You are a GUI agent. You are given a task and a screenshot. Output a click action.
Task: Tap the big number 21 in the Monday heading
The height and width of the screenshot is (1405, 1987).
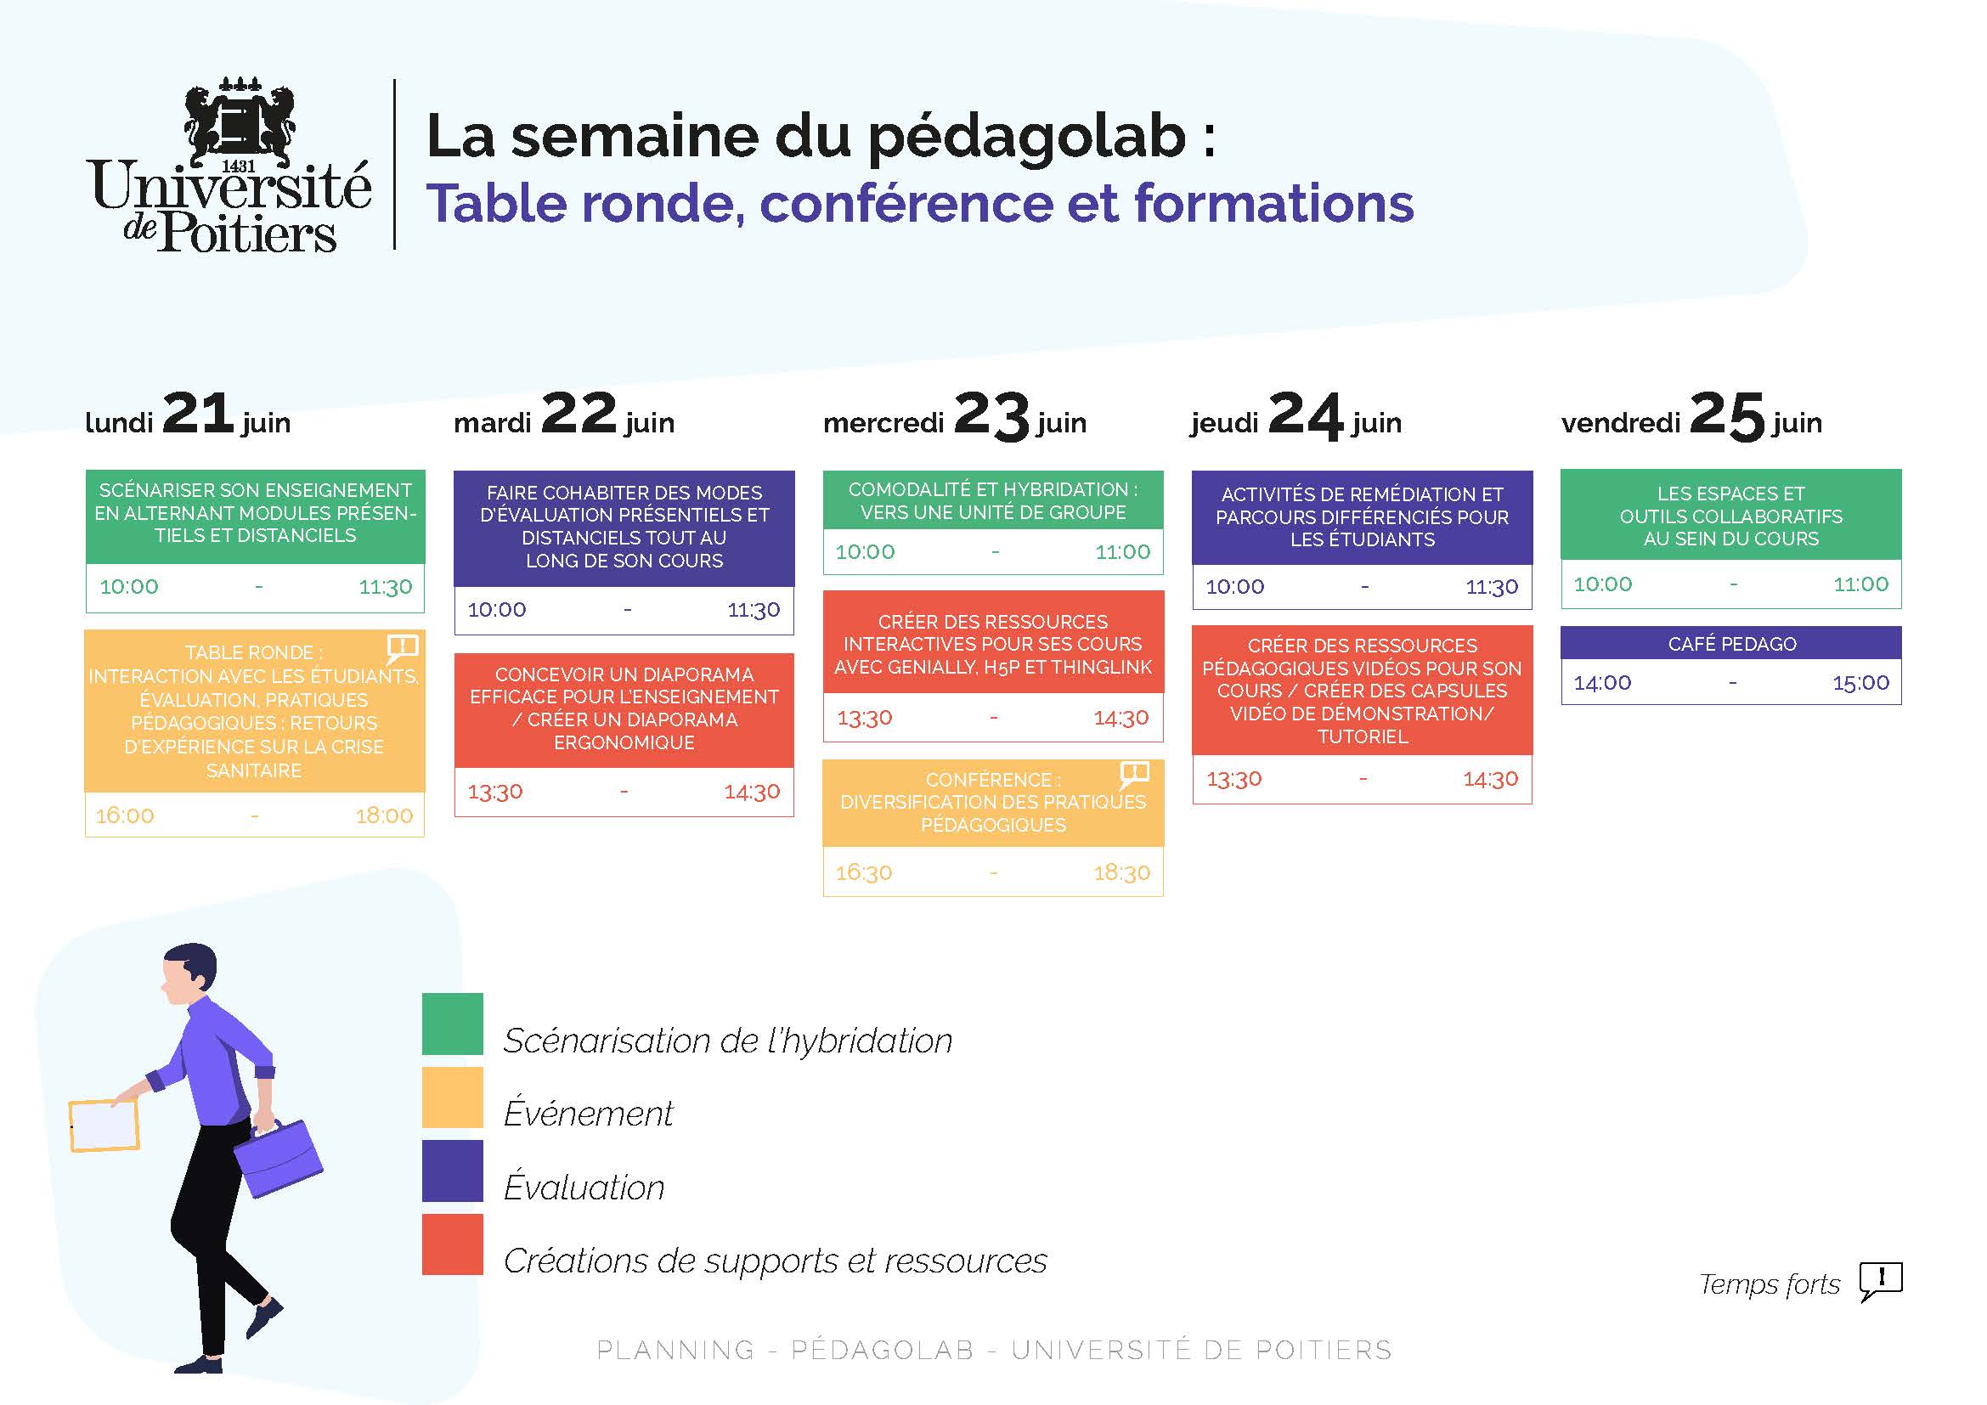[x=197, y=413]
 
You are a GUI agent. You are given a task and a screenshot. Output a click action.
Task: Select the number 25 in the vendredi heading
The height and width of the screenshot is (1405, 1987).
[x=1726, y=415]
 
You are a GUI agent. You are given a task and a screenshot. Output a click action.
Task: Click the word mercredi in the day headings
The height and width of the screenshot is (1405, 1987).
[x=883, y=422]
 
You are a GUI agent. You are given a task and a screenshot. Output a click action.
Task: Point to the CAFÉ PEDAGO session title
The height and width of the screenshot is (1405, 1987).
[x=1731, y=644]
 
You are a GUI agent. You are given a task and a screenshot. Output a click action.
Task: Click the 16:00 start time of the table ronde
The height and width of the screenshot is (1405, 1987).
[x=125, y=815]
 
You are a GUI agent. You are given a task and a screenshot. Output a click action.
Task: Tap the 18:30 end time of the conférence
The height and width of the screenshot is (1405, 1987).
[x=1121, y=872]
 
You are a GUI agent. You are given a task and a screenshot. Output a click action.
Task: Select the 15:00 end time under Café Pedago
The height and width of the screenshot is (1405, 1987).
[x=1860, y=683]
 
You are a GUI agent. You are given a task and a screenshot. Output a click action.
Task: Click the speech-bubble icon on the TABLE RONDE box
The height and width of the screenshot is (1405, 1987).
[x=403, y=647]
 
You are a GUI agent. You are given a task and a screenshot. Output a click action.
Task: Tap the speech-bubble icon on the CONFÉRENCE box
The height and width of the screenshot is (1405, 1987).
[x=1135, y=775]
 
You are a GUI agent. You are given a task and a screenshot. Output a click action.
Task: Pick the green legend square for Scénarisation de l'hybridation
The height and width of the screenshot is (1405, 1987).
[x=453, y=1024]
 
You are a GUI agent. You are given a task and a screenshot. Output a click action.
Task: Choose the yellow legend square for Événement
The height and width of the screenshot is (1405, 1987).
[x=453, y=1097]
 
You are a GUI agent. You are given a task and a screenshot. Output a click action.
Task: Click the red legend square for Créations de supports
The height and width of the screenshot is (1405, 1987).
[x=453, y=1244]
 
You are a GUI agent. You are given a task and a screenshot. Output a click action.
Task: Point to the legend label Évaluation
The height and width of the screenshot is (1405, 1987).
[x=584, y=1187]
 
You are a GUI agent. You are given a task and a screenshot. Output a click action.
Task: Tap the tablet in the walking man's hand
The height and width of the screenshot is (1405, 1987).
[x=104, y=1126]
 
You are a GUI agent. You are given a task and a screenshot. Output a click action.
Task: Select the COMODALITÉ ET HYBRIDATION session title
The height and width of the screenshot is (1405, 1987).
[x=992, y=501]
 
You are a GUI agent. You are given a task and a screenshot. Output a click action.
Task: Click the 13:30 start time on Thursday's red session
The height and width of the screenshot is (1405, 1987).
[x=1234, y=780]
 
